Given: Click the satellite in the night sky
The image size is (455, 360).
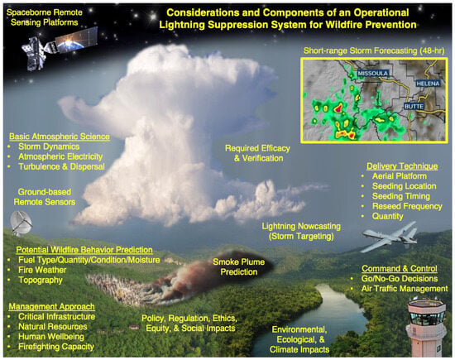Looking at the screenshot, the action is tap(58, 48).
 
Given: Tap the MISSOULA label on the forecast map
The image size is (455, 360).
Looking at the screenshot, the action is tap(372, 73).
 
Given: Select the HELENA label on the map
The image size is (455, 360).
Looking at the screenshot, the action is tap(428, 84).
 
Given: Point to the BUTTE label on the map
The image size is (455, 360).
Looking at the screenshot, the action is tap(414, 106).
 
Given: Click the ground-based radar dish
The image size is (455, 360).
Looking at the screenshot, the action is tap(21, 223).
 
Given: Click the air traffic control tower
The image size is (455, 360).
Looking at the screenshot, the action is tap(426, 328).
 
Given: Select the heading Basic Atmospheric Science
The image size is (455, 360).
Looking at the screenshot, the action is tap(60, 137).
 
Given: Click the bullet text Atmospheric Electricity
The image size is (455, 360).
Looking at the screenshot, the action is tap(60, 156).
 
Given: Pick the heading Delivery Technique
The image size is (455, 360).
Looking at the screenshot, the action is tap(402, 166).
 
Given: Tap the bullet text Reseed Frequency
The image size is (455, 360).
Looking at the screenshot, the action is tap(407, 206).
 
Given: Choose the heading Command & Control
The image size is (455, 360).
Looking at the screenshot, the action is tap(400, 268).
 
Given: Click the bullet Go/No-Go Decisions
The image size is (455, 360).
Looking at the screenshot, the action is tap(400, 279).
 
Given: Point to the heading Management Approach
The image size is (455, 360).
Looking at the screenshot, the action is tap(51, 306).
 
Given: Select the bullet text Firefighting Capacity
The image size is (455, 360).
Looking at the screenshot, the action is tap(56, 347).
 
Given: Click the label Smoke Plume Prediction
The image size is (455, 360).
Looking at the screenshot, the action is tap(239, 266).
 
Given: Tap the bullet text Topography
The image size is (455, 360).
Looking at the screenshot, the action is tap(41, 281).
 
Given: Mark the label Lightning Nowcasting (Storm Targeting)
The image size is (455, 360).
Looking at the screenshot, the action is tap(301, 231).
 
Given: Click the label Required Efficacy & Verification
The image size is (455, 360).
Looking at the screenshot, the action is tap(257, 153).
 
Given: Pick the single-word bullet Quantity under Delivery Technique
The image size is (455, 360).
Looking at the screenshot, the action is tap(387, 216).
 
